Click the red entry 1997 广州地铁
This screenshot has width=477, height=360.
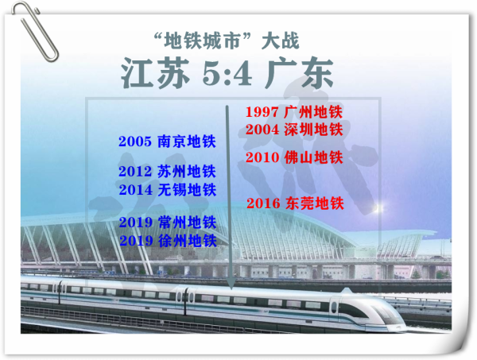[294, 112]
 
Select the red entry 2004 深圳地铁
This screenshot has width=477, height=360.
[294, 130]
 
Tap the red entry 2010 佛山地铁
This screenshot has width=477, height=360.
[294, 157]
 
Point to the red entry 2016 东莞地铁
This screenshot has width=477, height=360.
[295, 203]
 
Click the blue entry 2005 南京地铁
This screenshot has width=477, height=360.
[167, 141]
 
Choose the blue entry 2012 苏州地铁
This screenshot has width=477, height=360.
[167, 171]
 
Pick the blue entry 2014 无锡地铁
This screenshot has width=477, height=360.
[167, 190]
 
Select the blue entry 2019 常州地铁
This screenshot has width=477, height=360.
[168, 223]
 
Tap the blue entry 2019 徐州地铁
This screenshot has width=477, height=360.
[168, 241]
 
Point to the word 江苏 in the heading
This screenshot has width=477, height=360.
[156, 73]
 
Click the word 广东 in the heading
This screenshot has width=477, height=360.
[299, 73]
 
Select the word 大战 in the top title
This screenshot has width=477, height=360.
[281, 41]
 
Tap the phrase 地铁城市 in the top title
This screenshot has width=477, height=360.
[202, 41]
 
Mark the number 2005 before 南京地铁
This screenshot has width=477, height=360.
[135, 141]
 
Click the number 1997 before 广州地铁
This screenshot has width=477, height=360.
[262, 112]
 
